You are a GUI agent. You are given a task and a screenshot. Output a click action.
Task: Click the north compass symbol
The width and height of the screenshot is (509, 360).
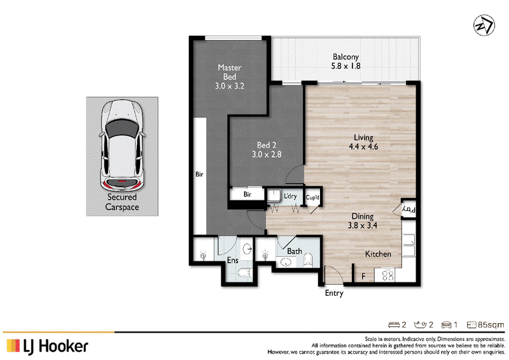coord(484,25)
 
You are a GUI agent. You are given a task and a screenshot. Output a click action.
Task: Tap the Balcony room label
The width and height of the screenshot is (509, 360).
coord(345,57)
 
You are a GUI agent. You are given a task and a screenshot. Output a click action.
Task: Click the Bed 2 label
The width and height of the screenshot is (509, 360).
coord(267,145)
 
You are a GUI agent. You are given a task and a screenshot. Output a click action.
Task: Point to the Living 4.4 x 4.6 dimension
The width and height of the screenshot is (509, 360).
coord(363,147)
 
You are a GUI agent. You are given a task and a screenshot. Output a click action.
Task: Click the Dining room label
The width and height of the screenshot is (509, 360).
coord(363,216)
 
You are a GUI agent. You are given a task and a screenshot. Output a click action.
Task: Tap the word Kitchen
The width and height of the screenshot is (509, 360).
coord(378,254)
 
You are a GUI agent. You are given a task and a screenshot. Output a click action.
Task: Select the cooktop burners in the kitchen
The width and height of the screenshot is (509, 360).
coord(387,275)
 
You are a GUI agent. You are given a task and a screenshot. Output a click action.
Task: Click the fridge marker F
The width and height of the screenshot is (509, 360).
coord(363,277)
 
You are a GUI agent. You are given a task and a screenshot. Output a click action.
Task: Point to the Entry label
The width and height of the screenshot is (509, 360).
coord(334,293)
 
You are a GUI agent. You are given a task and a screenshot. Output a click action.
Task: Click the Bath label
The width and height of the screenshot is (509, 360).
coord(295,251)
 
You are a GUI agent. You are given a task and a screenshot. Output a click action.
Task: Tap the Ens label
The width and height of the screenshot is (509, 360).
coord(233,260)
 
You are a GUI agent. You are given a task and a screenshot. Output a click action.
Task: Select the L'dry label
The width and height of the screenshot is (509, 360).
coord(290,196)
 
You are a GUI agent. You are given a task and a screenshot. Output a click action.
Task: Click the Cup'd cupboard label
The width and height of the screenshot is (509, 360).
coord(312,197)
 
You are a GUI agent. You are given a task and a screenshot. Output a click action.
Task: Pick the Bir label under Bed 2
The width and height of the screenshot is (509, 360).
coord(248,195)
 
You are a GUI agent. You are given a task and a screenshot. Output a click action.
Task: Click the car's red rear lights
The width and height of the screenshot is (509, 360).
coord(122,184)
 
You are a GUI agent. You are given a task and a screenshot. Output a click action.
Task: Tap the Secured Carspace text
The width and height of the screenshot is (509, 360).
coord(122,202)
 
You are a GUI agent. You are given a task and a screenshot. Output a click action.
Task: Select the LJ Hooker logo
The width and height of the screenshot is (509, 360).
coord(47,347)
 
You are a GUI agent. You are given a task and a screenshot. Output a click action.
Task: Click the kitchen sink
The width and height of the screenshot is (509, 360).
coord(409,246)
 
